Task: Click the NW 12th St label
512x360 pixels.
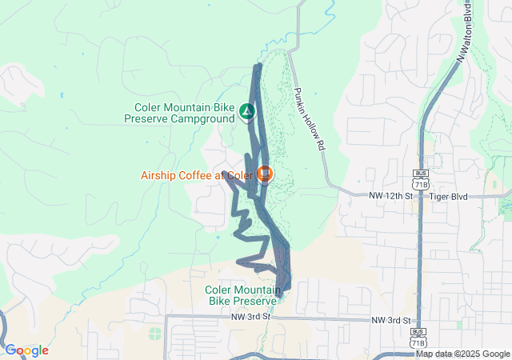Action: point(390,195)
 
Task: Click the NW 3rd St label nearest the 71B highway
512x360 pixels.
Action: point(391,320)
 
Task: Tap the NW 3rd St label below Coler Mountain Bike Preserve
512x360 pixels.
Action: point(253,317)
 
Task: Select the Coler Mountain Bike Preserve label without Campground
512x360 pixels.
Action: point(241,295)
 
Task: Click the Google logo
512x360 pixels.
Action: point(26,350)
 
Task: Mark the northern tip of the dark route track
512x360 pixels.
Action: point(258,66)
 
